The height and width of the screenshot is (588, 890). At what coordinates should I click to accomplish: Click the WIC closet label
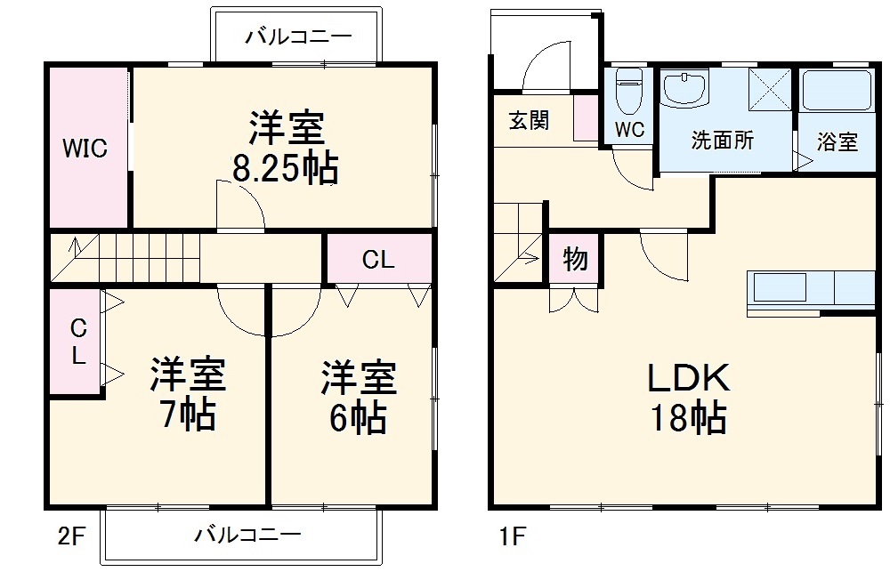85,149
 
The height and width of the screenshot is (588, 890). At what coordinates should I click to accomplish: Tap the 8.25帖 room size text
285,169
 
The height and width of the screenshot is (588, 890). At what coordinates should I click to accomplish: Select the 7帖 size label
187,415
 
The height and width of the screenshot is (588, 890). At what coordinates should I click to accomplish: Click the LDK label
688,378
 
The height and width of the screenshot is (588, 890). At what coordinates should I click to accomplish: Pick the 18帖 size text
688,417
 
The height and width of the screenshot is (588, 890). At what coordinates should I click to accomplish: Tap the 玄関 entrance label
529,120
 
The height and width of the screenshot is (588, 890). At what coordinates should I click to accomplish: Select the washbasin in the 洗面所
685,88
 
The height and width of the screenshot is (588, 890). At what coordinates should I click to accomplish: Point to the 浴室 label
837,141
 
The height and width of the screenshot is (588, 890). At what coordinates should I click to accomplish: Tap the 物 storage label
575,260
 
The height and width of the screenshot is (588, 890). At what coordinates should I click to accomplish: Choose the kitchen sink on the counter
780,287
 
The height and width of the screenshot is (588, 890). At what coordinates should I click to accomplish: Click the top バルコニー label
298,36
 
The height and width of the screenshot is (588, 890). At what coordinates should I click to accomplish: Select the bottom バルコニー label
247,535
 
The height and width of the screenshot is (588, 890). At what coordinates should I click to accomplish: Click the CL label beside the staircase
378,260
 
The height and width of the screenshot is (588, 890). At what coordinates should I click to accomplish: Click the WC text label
630,129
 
